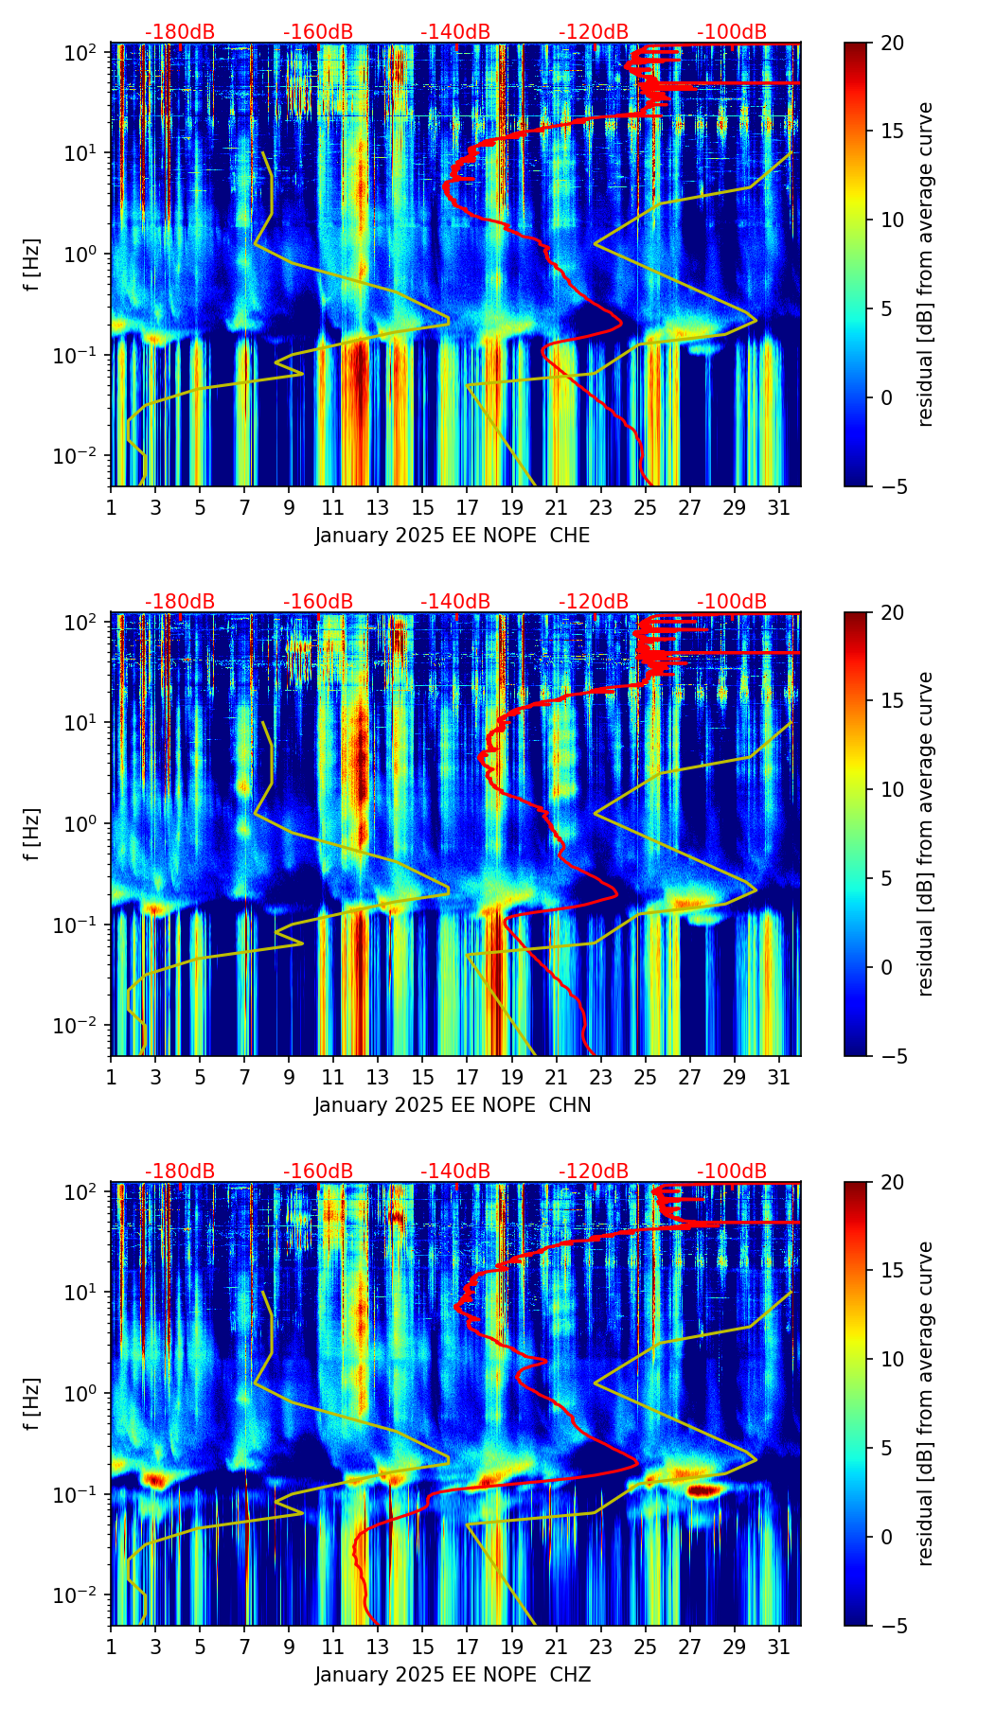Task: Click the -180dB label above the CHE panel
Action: coord(180,32)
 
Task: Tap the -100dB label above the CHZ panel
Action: coord(732,1172)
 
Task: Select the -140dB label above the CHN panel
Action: coord(455,602)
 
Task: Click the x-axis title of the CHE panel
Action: coord(453,536)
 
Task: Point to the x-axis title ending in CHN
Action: coord(453,1105)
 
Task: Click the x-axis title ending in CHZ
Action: coord(453,1675)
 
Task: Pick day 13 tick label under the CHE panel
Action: coord(378,507)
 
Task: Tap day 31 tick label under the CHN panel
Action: coord(779,1077)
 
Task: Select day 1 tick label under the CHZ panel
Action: coord(111,1647)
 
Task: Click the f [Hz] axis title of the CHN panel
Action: coord(32,834)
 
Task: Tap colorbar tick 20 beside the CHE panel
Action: coord(892,43)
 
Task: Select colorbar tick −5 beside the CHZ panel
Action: coord(892,1626)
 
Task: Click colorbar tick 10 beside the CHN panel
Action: coord(892,789)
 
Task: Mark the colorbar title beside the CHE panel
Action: coord(925,264)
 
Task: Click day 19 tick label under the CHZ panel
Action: coord(511,1647)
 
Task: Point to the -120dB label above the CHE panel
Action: coord(594,32)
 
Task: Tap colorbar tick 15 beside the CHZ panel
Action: coord(892,1271)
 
